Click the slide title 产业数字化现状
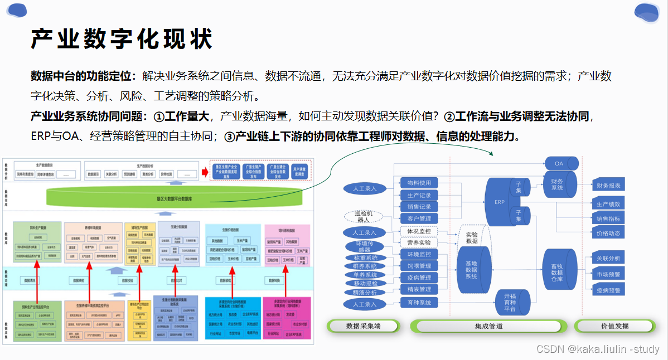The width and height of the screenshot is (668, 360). click(122, 40)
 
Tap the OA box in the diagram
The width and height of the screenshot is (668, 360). click(559, 164)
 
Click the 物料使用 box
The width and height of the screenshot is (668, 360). click(419, 183)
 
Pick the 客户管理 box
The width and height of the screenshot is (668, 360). click(419, 218)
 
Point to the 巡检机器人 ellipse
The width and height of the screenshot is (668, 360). click(364, 217)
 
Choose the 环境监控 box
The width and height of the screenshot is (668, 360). click(419, 254)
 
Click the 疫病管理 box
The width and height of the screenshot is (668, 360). click(419, 278)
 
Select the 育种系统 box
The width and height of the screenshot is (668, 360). click(419, 303)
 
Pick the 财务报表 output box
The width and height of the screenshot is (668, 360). click(608, 186)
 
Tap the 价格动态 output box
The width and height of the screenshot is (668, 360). click(608, 233)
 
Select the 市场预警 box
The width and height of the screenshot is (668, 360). click(608, 274)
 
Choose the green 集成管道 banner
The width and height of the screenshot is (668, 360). click(488, 326)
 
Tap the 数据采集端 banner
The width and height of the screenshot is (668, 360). click(363, 326)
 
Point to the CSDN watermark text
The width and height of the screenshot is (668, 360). click(598, 349)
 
